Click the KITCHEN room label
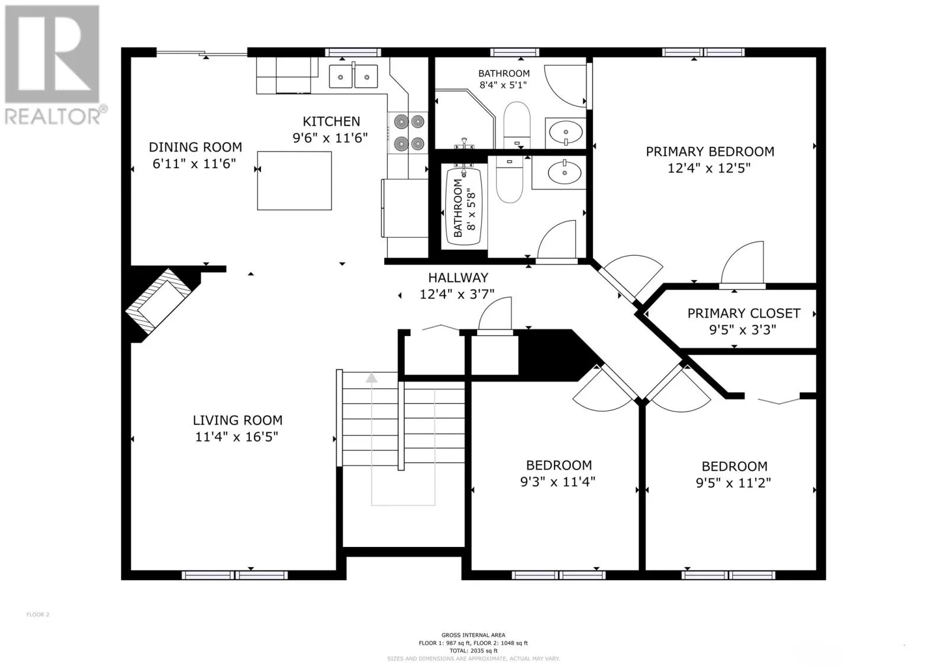click(331, 122)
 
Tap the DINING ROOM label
click(195, 147)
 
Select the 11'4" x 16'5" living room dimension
click(236, 437)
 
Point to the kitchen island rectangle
click(294, 181)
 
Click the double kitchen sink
click(353, 76)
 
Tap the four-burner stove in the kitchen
click(408, 133)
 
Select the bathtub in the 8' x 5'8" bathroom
click(464, 207)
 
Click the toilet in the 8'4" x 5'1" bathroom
click(517, 124)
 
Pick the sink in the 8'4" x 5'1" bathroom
click(565, 133)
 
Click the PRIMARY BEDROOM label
click(710, 152)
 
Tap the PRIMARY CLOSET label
click(743, 313)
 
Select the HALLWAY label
click(458, 278)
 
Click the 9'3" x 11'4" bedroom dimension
click(558, 482)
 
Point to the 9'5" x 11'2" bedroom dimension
click(733, 483)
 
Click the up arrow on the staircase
click(371, 378)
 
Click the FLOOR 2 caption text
click(38, 614)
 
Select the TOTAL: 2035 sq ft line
click(473, 651)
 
